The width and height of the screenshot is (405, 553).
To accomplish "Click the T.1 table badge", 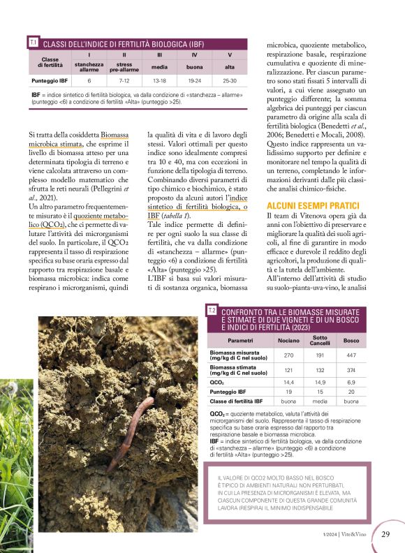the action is click(x=33, y=43).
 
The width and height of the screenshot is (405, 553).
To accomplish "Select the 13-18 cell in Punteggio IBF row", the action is click(x=159, y=81).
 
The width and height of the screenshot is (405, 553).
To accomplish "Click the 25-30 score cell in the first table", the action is click(x=230, y=81).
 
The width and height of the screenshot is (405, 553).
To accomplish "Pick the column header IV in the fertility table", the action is click(x=194, y=54).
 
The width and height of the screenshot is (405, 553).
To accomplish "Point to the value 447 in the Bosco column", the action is click(x=351, y=355).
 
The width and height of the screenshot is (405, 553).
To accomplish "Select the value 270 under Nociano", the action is click(x=288, y=355).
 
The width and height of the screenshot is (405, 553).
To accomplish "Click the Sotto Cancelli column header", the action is click(x=320, y=340).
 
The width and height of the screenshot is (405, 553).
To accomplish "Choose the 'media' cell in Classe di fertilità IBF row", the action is click(x=320, y=401).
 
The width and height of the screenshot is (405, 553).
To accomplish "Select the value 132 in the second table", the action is click(x=320, y=369).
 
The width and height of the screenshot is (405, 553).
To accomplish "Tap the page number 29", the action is click(x=386, y=534).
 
